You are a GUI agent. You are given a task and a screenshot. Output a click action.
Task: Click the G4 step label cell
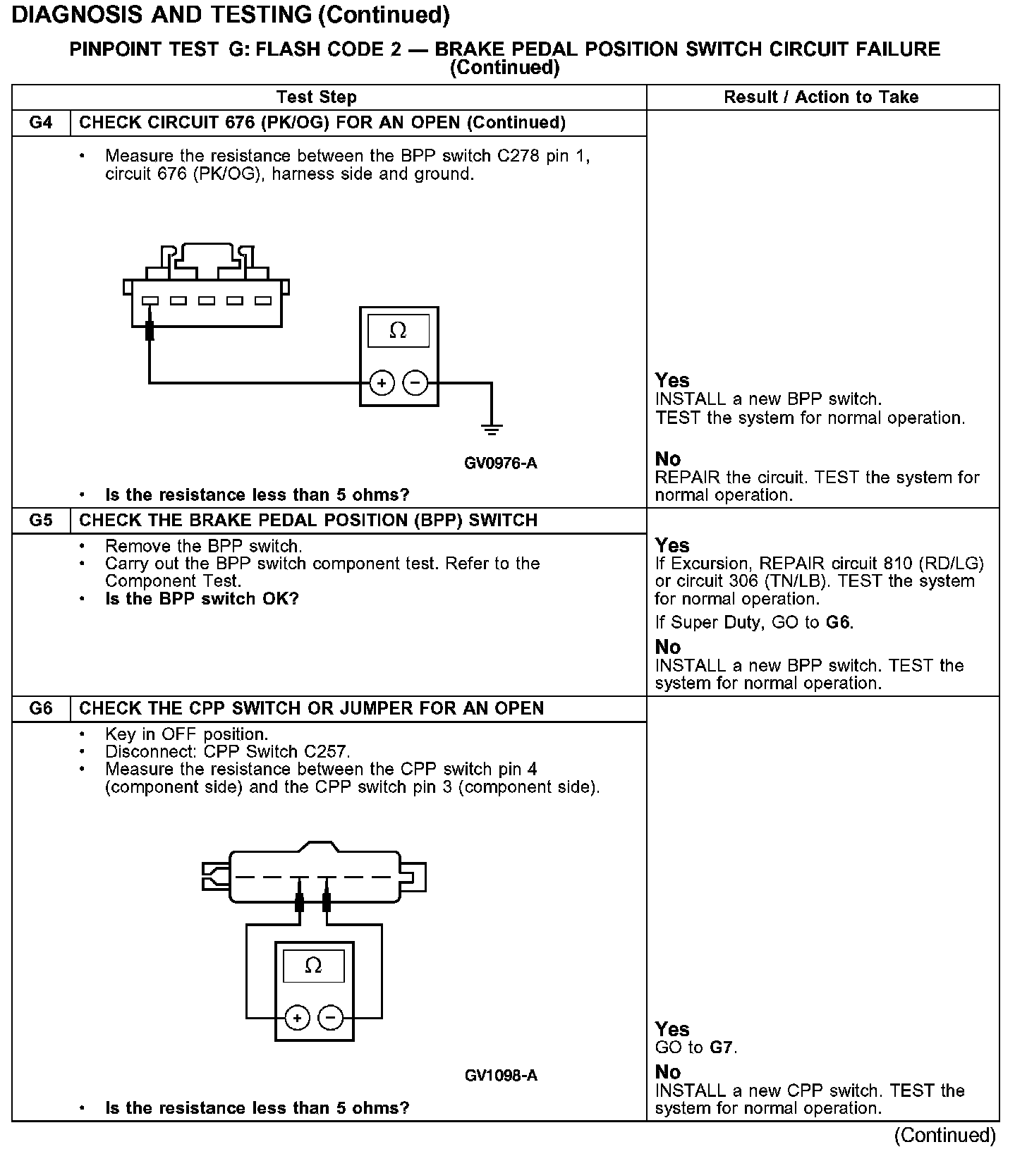[x=42, y=123]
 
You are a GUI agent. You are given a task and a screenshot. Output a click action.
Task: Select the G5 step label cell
[x=42, y=521]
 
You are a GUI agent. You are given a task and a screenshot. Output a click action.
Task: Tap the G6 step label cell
[x=42, y=708]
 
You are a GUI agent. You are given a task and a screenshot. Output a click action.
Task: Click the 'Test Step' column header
[x=317, y=97]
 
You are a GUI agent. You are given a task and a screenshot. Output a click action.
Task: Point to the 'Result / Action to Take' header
[x=821, y=97]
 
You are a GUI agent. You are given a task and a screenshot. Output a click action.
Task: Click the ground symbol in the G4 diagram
[x=492, y=428]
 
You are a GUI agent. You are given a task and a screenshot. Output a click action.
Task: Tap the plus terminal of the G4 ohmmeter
[x=382, y=383]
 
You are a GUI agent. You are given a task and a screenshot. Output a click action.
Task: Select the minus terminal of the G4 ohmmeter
[x=415, y=383]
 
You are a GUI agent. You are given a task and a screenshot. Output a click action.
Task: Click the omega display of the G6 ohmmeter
[x=314, y=966]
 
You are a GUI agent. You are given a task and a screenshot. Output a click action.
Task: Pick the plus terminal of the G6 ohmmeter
[x=297, y=1018]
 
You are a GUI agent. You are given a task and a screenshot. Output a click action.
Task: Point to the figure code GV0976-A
[x=501, y=463]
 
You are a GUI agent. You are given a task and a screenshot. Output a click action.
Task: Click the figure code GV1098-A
[x=501, y=1076]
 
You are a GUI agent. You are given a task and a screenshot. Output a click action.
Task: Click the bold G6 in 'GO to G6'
[x=839, y=623]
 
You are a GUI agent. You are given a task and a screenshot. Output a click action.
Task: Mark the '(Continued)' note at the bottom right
[x=945, y=1136]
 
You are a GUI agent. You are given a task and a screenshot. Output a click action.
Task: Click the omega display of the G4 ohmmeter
[x=399, y=331]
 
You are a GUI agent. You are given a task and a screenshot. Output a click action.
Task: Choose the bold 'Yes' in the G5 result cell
[x=672, y=545]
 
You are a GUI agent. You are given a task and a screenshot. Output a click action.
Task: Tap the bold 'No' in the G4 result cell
[x=668, y=459]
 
